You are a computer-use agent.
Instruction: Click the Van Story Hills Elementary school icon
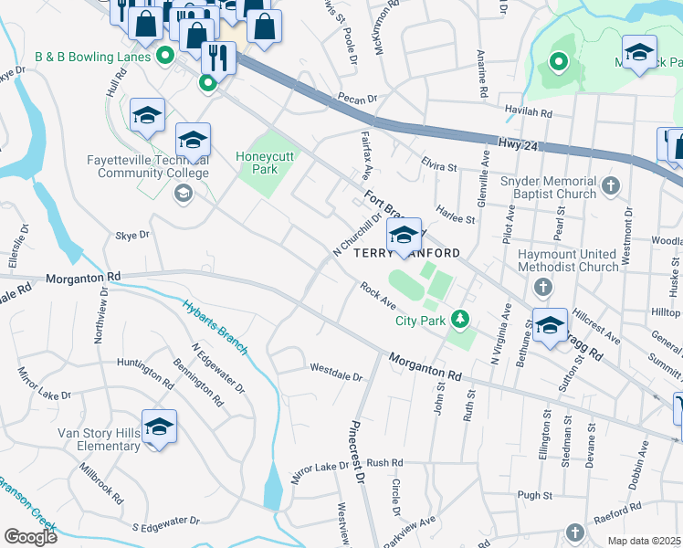click(159, 427)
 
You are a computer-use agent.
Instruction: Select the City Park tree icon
click(462, 319)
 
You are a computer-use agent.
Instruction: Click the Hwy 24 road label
click(516, 143)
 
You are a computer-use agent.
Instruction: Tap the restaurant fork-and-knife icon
click(218, 58)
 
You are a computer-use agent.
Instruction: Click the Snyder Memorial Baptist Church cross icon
click(612, 187)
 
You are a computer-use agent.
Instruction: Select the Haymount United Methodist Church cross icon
click(543, 289)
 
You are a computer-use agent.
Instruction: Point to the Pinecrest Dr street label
click(358, 452)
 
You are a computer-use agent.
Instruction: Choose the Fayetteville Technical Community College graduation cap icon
click(184, 192)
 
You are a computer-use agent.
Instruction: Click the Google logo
click(30, 536)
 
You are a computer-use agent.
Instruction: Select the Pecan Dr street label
click(357, 100)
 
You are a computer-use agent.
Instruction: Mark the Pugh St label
click(536, 494)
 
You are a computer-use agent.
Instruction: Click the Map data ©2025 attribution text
click(645, 541)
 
